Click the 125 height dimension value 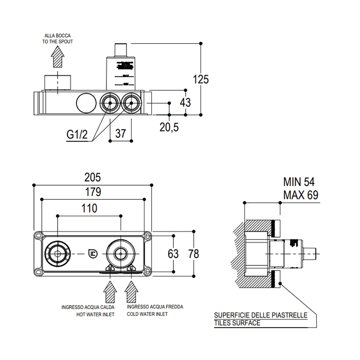[x=201, y=79]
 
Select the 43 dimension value [x=185, y=102]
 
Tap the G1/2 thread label [x=78, y=134]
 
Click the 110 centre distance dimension [x=88, y=208]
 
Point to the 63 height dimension [x=173, y=253]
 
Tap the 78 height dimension [x=193, y=253]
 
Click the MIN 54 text [x=299, y=182]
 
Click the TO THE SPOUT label [x=58, y=43]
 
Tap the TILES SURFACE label [x=237, y=323]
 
